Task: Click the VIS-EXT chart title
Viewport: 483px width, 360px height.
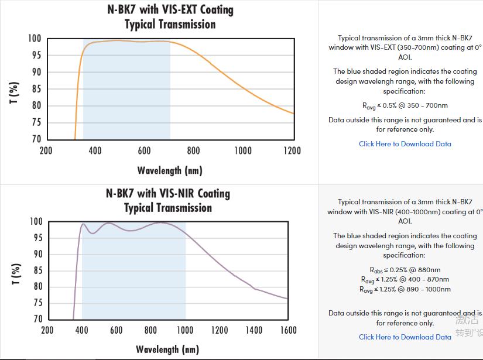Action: pyautogui.click(x=170, y=17)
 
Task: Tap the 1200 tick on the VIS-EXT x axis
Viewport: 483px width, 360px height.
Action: pyautogui.click(x=292, y=150)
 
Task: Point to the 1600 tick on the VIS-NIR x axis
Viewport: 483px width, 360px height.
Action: pyautogui.click(x=289, y=330)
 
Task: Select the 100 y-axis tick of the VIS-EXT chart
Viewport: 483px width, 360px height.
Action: pyautogui.click(x=35, y=39)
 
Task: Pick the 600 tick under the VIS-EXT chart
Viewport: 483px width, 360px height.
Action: pyautogui.click(x=144, y=150)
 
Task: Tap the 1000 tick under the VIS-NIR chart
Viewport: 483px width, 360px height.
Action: pyautogui.click(x=185, y=330)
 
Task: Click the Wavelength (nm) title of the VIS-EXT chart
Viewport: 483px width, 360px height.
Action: pyautogui.click(x=170, y=170)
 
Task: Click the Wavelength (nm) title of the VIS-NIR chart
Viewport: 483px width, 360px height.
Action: pyautogui.click(x=167, y=349)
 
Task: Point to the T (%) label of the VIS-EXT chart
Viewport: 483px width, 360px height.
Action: pyautogui.click(x=15, y=92)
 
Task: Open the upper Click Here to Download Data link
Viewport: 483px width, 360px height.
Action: pyautogui.click(x=405, y=144)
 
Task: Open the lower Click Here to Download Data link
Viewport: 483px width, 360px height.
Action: pyautogui.click(x=405, y=337)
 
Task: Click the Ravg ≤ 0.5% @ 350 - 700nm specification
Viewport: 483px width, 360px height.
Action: pyautogui.click(x=405, y=106)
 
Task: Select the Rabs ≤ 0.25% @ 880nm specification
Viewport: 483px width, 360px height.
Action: pyautogui.click(x=405, y=270)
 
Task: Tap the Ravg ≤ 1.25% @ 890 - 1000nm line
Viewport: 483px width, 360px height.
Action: pyautogui.click(x=405, y=289)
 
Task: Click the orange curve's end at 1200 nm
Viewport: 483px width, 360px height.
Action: pyautogui.click(x=293, y=114)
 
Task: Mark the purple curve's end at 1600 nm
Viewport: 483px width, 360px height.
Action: pyautogui.click(x=287, y=299)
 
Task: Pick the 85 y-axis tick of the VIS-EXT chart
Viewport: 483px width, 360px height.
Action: pyautogui.click(x=36, y=89)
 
